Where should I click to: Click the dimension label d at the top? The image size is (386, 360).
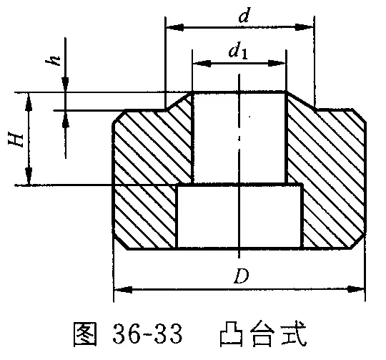[x=244, y=15]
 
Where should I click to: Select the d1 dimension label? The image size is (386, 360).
[x=238, y=52]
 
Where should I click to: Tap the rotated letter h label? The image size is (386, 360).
[x=53, y=60]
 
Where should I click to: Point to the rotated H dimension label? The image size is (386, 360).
[x=16, y=140]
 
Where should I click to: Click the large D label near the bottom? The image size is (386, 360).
[x=242, y=276]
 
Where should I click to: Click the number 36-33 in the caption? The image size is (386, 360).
[x=148, y=334]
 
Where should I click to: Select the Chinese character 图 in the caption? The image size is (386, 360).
[x=84, y=334]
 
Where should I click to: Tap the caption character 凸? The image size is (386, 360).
[x=232, y=334]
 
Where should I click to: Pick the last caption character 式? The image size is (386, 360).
[x=294, y=334]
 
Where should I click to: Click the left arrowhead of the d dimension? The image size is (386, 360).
[x=175, y=27]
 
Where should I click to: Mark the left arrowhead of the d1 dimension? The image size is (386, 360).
[x=202, y=63]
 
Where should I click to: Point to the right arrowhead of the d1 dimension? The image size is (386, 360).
[x=276, y=63]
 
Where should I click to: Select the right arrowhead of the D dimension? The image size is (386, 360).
[x=355, y=289]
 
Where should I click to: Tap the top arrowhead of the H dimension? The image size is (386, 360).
[x=29, y=102]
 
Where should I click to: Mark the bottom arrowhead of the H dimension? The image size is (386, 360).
[x=29, y=176]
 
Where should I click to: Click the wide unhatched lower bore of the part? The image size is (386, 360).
[x=239, y=216]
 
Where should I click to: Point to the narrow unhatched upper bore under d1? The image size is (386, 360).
[x=239, y=138]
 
